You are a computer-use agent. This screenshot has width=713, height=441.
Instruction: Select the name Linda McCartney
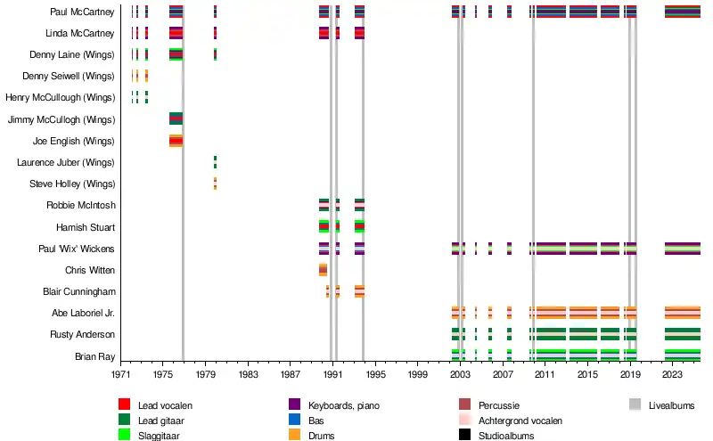pos(80,33)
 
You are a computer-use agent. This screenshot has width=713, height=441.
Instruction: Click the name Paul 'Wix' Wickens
pos(78,249)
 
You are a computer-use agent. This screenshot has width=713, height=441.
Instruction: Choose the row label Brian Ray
pos(94,356)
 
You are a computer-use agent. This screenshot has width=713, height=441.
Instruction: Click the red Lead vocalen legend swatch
pos(125,405)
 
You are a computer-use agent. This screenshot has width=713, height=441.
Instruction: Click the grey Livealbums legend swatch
pos(635,405)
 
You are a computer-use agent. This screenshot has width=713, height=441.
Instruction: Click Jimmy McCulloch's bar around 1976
pos(176,119)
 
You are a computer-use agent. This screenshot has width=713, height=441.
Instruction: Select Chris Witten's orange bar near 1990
pos(323,270)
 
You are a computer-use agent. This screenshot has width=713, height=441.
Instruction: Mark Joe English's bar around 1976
pos(176,141)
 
